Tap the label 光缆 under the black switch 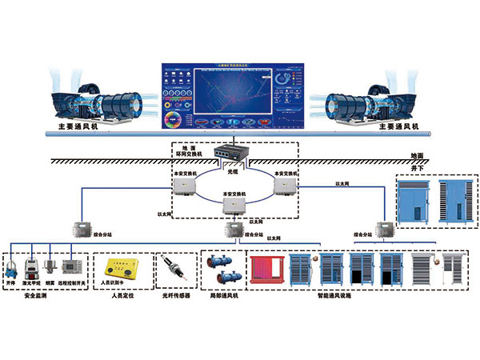[x=233, y=171]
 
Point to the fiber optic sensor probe [x=175, y=269]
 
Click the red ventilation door [x=266, y=268]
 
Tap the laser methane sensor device [x=32, y=267]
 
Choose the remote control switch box [x=72, y=266]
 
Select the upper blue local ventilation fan [x=220, y=261]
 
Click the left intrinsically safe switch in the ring [x=184, y=186]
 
